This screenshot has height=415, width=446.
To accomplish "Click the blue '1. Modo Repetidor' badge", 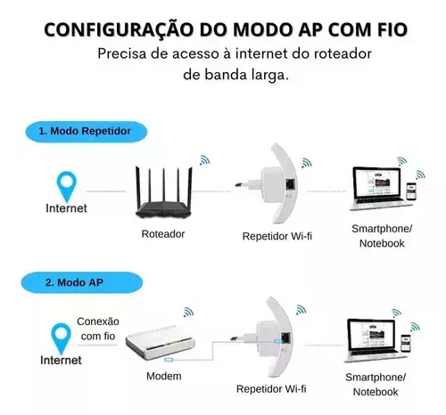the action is [x=87, y=132].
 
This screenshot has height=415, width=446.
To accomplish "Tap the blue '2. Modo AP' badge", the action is [x=82, y=282].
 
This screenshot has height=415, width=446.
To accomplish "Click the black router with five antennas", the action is [x=164, y=192].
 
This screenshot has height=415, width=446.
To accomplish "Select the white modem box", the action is [x=161, y=341].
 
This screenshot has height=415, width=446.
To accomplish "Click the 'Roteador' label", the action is [x=163, y=234].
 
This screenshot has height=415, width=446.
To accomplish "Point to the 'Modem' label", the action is [x=164, y=376].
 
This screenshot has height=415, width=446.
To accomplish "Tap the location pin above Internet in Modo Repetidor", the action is [x=67, y=186].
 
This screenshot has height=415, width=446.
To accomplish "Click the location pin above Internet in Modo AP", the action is [x=61, y=338].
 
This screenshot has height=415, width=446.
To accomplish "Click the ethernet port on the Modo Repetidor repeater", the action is [x=291, y=184].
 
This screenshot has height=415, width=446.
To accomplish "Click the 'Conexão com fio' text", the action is [x=98, y=329].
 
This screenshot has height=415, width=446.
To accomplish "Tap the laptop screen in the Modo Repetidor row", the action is [x=376, y=183].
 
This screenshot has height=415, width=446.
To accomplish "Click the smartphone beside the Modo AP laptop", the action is [x=405, y=344].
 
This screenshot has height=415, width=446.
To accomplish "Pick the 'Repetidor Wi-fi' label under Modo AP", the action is [x=271, y=389].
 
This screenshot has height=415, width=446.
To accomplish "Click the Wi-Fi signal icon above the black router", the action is [x=204, y=160].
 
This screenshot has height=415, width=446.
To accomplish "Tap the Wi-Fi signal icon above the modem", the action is [x=188, y=312].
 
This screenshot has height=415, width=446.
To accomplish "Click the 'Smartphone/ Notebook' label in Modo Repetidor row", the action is [x=382, y=236].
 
